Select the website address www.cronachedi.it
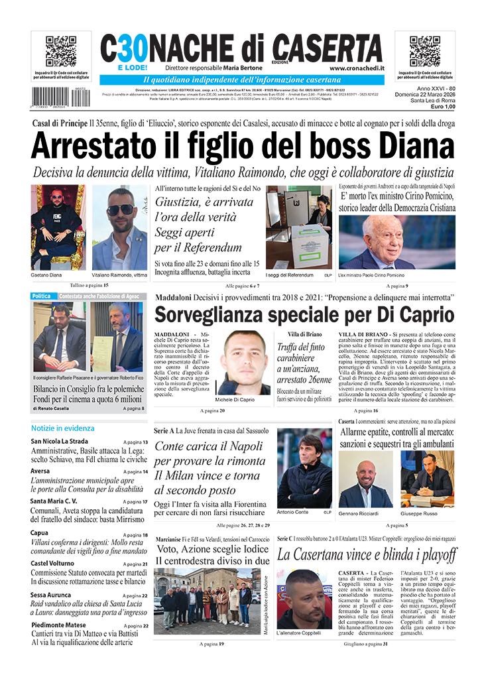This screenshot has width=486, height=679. point(355,68)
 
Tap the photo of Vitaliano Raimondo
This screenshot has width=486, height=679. point(119,227)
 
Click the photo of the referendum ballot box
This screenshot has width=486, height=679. point(298,227)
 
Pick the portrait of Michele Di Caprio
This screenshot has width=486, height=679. point(243,362)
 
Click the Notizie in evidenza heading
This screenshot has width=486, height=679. point(62,428)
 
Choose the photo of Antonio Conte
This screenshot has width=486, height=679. point(304,467)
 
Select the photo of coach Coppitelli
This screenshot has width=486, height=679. point(304,599)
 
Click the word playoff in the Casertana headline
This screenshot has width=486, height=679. point(430,554)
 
